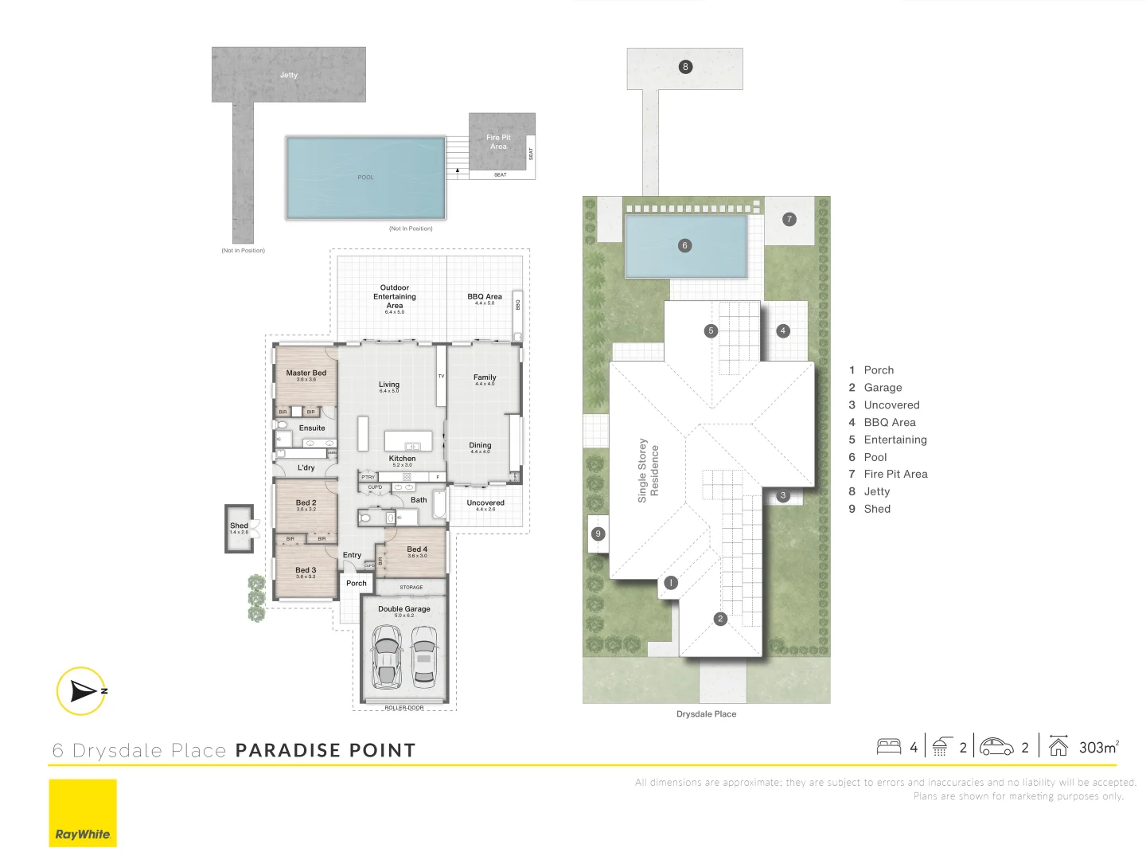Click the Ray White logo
click(83, 813)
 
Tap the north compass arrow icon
click(82, 690)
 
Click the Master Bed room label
click(306, 373)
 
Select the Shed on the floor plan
click(239, 528)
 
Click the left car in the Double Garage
click(387, 656)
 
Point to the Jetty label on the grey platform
click(289, 76)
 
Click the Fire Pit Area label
click(499, 142)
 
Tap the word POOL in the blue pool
click(365, 178)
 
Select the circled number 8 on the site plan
click(685, 67)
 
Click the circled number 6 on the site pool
click(684, 245)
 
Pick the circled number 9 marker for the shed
click(598, 534)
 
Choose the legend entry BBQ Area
click(889, 423)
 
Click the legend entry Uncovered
click(891, 405)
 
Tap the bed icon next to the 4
click(889, 747)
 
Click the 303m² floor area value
click(1098, 747)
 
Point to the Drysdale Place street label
click(706, 714)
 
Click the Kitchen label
click(402, 459)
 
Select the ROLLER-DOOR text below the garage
click(404, 707)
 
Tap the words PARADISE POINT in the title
click(325, 750)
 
